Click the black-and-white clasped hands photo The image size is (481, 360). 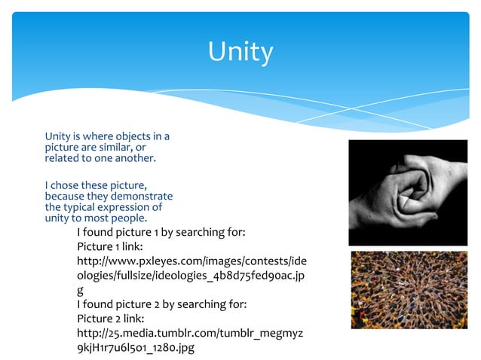pyautogui.click(x=408, y=193)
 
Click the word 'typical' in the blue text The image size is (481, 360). pyautogui.click(x=83, y=207)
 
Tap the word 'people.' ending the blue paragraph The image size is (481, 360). pyautogui.click(x=129, y=218)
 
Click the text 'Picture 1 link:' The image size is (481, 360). pyautogui.click(x=110, y=246)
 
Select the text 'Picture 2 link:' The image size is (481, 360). pyautogui.click(x=110, y=319)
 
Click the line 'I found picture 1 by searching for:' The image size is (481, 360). pyautogui.click(x=161, y=232)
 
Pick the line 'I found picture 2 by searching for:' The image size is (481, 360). pyautogui.click(x=162, y=304)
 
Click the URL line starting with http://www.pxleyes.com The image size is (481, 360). pyautogui.click(x=191, y=261)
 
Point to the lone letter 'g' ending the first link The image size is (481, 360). pyautogui.click(x=81, y=289)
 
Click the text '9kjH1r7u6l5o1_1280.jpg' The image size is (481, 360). pyautogui.click(x=136, y=347)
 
